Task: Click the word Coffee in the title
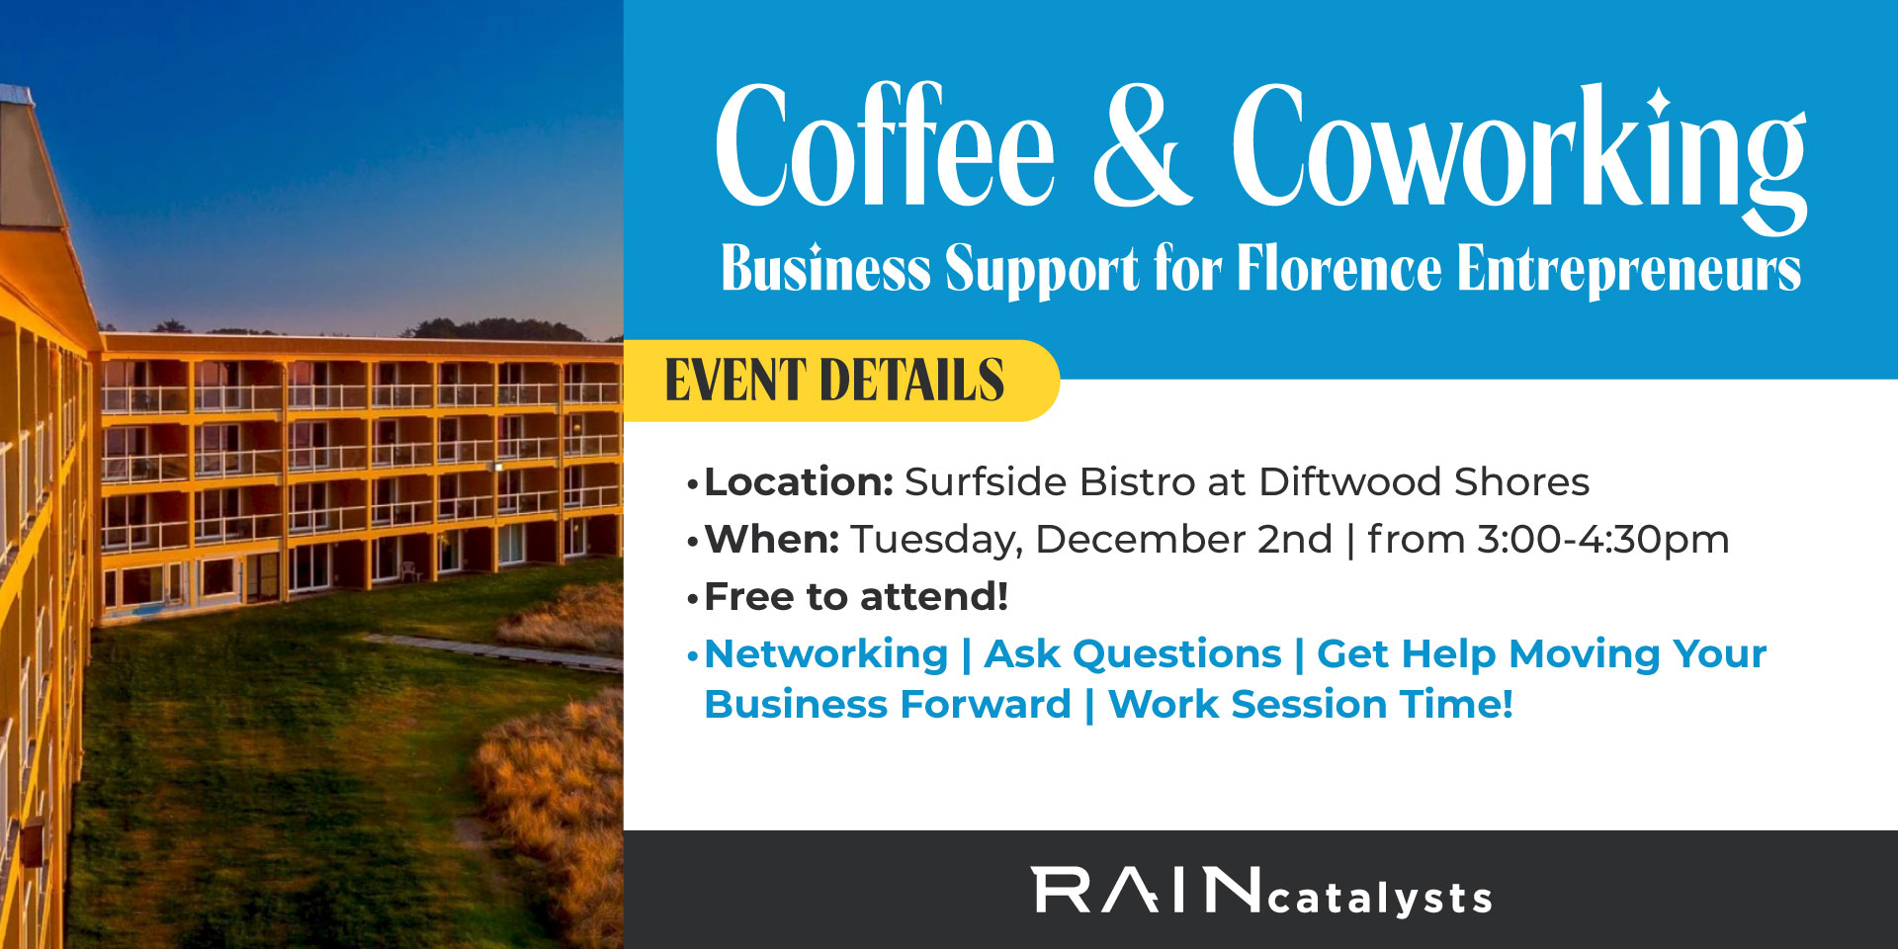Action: (885, 148)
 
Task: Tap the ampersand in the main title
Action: (1142, 148)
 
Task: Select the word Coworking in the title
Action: (1517, 148)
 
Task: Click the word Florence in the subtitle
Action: (1339, 269)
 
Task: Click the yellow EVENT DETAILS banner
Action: (835, 381)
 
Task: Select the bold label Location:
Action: (799, 482)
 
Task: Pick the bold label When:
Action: (771, 540)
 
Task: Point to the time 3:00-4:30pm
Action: (1602, 540)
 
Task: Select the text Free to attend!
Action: (856, 597)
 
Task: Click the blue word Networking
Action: (826, 654)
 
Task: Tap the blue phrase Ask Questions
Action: (1133, 654)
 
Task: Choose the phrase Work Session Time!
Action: (1311, 705)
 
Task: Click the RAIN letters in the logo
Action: (1147, 891)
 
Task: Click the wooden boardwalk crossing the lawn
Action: (494, 651)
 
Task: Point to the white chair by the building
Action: (408, 570)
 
